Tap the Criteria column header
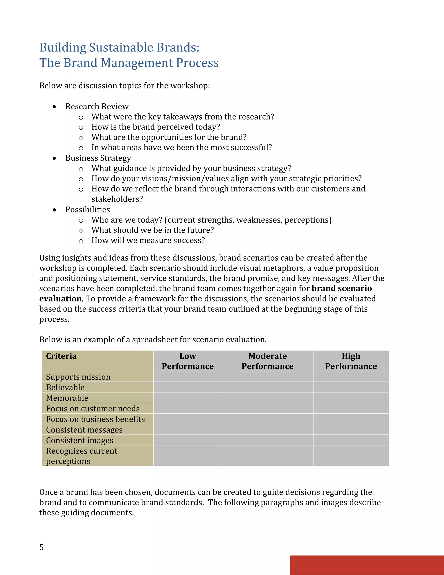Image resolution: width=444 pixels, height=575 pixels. click(x=61, y=356)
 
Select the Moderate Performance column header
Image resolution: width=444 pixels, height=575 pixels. click(x=268, y=361)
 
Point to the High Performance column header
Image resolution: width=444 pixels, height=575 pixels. click(x=351, y=361)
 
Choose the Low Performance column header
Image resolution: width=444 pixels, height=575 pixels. click(x=188, y=361)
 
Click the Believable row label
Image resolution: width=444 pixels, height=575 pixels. click(x=65, y=387)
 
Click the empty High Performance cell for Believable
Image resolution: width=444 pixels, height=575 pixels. click(x=351, y=387)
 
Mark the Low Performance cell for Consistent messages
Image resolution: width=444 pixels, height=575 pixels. click(x=188, y=429)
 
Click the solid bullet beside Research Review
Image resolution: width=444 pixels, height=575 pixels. click(x=54, y=107)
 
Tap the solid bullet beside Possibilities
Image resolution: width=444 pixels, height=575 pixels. click(x=54, y=210)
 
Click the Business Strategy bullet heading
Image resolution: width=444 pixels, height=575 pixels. click(x=98, y=158)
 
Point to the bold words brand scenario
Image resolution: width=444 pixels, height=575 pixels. click(x=342, y=288)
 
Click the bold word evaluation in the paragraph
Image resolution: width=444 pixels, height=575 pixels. click(x=60, y=299)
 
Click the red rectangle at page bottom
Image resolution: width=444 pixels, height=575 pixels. click(x=367, y=565)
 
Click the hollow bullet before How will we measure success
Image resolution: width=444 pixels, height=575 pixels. click(x=81, y=241)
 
